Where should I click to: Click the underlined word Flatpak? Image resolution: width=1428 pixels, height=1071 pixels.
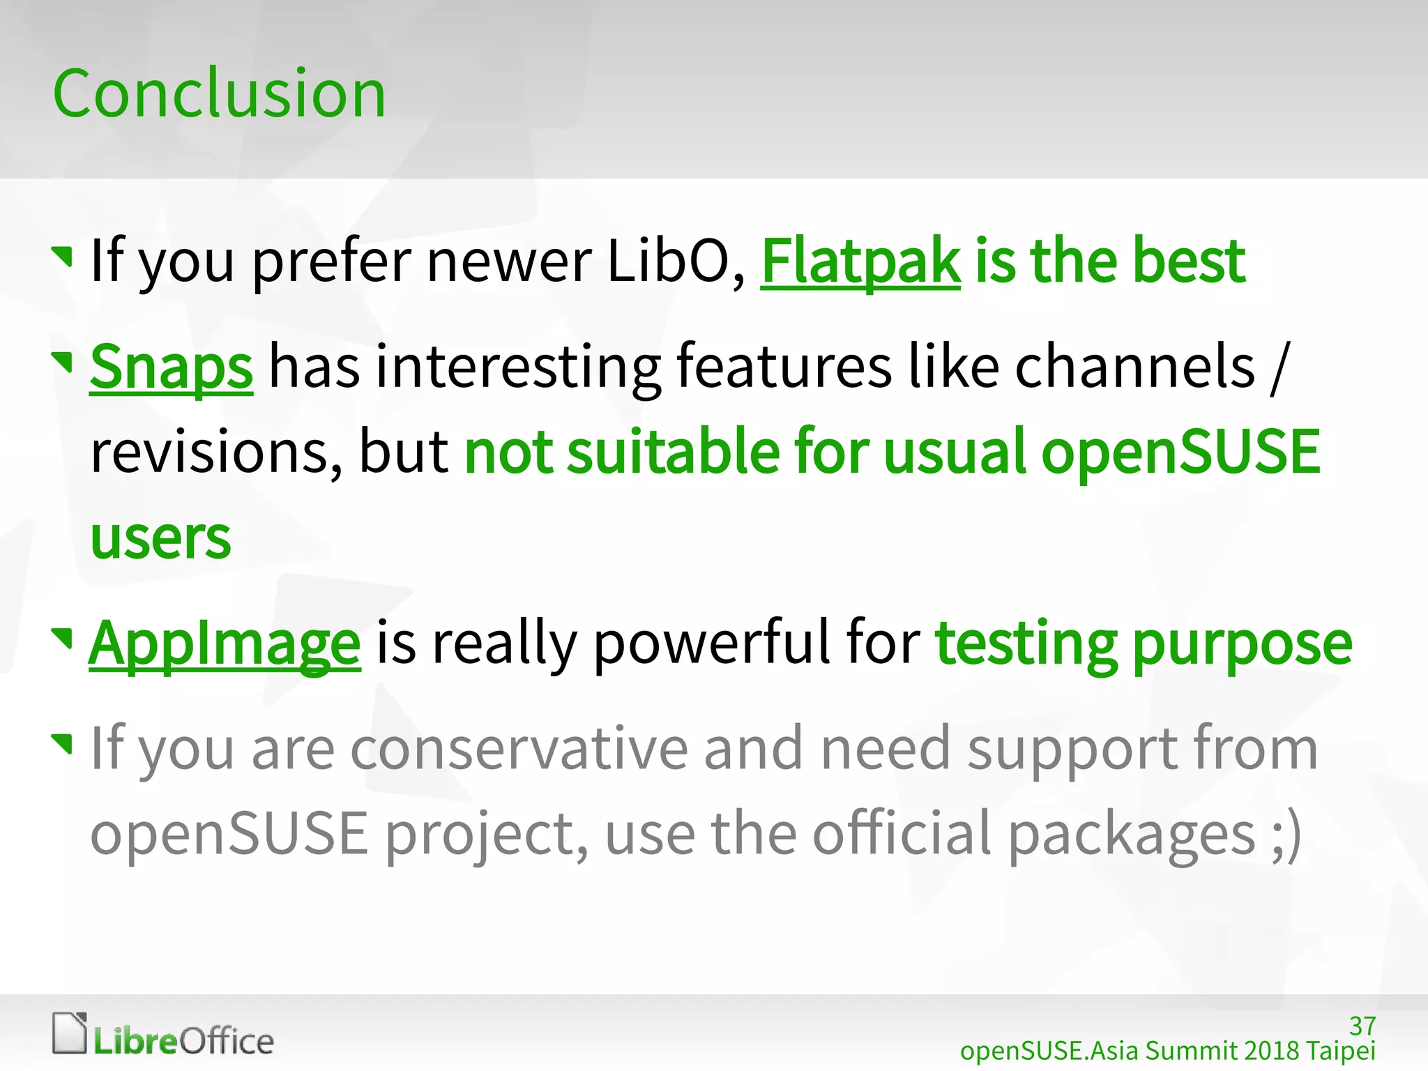click(860, 261)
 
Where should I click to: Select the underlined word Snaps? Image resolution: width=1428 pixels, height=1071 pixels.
click(172, 367)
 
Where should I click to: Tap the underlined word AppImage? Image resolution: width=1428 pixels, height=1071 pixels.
click(225, 643)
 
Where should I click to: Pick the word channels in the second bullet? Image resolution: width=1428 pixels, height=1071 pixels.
click(1134, 367)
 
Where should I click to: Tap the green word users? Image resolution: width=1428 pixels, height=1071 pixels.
click(160, 539)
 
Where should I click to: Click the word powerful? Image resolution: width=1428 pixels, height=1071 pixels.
click(711, 643)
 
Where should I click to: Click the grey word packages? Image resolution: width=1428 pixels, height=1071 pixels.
click(1131, 835)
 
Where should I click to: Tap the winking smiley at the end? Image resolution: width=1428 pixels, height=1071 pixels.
click(1286, 835)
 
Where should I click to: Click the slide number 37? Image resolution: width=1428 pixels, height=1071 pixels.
click(1362, 1026)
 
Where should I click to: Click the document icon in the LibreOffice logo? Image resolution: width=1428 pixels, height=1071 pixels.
click(70, 1033)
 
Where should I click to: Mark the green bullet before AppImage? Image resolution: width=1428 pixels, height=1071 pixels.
click(63, 637)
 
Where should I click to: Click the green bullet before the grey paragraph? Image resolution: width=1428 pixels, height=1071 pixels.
click(63, 743)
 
